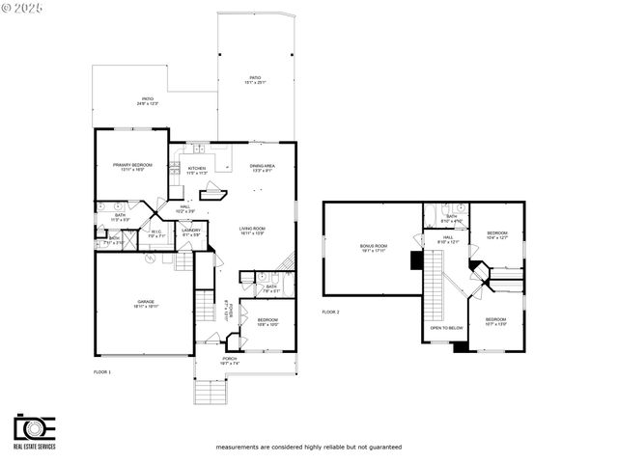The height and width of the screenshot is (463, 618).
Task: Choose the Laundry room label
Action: (191, 231)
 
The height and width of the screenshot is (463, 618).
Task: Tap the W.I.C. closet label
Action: (156, 233)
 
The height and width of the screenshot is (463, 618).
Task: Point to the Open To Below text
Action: (447, 328)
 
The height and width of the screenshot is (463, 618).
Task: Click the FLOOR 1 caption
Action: (102, 371)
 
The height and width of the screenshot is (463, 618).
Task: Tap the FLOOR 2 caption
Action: (331, 312)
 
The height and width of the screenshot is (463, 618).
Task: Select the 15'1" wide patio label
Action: (256, 79)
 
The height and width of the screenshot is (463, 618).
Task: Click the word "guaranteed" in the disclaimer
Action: (383, 448)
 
